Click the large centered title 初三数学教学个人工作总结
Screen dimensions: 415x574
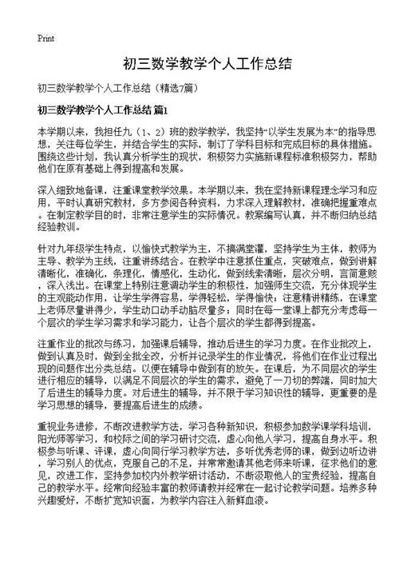tap(207, 64)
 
